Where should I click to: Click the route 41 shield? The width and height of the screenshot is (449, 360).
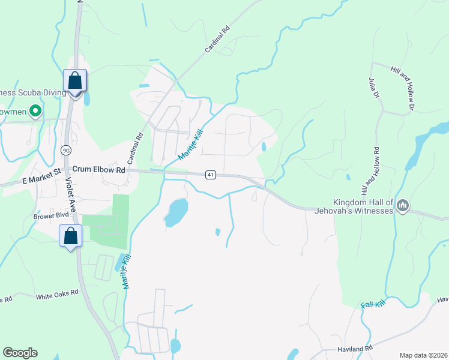coord(210,175)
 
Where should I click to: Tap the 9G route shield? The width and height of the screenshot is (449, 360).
coord(65,149)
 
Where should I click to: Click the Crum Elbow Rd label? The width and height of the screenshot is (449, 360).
coord(100,170)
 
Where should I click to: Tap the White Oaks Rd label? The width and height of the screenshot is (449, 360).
coord(57,293)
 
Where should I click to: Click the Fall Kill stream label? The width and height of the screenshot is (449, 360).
coord(372,305)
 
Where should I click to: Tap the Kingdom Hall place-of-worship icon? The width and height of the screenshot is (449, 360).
coord(403,206)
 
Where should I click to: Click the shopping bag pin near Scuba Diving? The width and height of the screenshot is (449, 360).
coord(75,80)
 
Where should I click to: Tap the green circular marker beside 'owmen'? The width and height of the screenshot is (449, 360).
coord(35,110)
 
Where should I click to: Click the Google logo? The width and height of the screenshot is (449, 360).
coord(20,353)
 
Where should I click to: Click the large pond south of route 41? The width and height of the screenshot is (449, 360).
coord(176,212)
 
